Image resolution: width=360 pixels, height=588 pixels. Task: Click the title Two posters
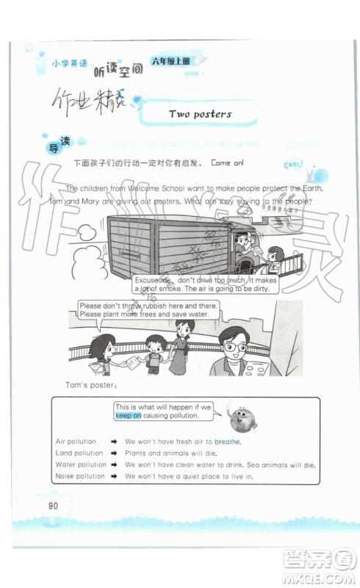coord(200,114)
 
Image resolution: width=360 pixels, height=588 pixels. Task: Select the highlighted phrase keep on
coord(128,415)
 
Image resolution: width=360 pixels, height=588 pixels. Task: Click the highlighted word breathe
coord(227,442)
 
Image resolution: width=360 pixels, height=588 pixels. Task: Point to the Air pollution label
coord(76,442)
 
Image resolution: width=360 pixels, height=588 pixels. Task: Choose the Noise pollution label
coord(80,476)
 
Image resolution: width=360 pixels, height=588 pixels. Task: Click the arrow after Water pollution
coord(115,465)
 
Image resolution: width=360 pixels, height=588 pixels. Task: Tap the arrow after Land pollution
coord(115,453)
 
